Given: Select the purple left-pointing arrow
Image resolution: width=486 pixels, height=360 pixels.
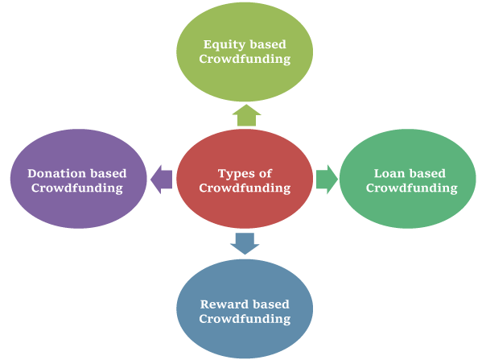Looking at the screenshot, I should pyautogui.click(x=162, y=179).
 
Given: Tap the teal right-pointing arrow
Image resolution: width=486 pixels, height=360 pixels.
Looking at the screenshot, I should pyautogui.click(x=326, y=179).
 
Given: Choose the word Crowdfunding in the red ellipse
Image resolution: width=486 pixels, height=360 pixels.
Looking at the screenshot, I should pyautogui.click(x=245, y=188).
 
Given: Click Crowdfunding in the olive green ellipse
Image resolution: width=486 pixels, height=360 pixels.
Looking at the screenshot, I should pyautogui.click(x=245, y=60).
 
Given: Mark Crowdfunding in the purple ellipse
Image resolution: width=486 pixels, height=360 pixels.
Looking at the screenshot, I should pyautogui.click(x=77, y=188).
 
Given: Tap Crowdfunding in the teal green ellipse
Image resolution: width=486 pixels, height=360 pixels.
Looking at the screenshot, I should pyautogui.click(x=411, y=188).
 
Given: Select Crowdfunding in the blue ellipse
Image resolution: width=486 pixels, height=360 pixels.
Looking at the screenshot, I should pyautogui.click(x=245, y=319).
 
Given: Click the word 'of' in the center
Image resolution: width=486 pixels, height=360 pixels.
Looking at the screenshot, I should pyautogui.click(x=266, y=173).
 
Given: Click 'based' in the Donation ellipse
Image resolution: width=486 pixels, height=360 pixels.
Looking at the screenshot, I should pyautogui.click(x=107, y=173).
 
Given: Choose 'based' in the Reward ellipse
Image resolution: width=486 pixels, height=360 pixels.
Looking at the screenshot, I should pyautogui.click(x=271, y=304).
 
